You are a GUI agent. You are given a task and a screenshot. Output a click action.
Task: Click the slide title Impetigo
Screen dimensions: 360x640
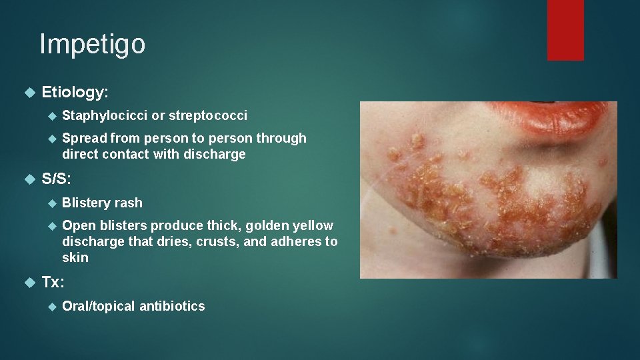pyautogui.click(x=92, y=45)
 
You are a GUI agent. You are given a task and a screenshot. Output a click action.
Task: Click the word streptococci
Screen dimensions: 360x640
pyautogui.click(x=207, y=115)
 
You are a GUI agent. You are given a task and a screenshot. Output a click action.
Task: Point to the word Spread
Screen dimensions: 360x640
pyautogui.click(x=84, y=138)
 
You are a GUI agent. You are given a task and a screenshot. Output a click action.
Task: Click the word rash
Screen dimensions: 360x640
pyautogui.click(x=129, y=203)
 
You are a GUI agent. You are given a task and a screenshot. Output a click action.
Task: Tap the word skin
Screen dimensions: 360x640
pyautogui.click(x=75, y=257)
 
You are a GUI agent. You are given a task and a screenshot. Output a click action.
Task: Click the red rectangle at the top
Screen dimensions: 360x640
pyautogui.click(x=565, y=30)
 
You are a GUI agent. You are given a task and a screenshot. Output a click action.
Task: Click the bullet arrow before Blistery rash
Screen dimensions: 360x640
pyautogui.click(x=53, y=203)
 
